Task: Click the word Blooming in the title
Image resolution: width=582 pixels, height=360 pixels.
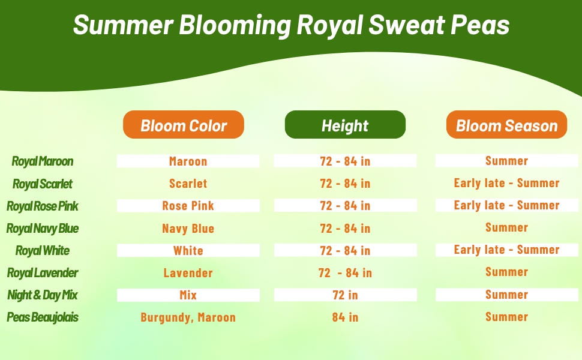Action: (x=235, y=25)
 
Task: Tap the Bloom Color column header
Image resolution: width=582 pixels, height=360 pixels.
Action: (x=184, y=125)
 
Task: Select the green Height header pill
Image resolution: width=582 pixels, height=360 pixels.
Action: (x=345, y=125)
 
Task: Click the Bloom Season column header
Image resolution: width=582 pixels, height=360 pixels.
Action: (x=506, y=125)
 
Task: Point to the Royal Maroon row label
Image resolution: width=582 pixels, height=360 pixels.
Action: (x=43, y=161)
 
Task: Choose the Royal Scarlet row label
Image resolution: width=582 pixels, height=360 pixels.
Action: (x=43, y=184)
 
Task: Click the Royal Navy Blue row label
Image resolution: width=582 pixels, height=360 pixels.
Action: (x=43, y=228)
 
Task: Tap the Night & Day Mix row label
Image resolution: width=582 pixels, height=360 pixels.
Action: (x=43, y=295)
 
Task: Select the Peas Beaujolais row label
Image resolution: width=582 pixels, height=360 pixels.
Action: (x=43, y=317)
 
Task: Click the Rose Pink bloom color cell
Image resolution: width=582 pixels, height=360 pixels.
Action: (x=188, y=206)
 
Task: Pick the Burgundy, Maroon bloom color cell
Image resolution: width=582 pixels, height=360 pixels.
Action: (x=188, y=317)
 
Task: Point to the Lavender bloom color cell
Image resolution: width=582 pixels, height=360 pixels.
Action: (x=188, y=273)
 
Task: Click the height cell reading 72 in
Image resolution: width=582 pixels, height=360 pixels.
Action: (x=345, y=295)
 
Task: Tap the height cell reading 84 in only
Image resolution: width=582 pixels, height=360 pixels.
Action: (x=345, y=317)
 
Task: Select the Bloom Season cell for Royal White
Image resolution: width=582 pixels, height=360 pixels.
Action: (x=506, y=250)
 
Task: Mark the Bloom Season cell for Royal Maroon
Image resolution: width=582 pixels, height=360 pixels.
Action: (x=506, y=161)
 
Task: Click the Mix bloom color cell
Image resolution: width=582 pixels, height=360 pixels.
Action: (x=188, y=295)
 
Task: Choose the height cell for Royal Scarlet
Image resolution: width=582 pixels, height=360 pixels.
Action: (x=345, y=184)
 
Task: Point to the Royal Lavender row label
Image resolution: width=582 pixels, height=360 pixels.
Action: (x=43, y=273)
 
